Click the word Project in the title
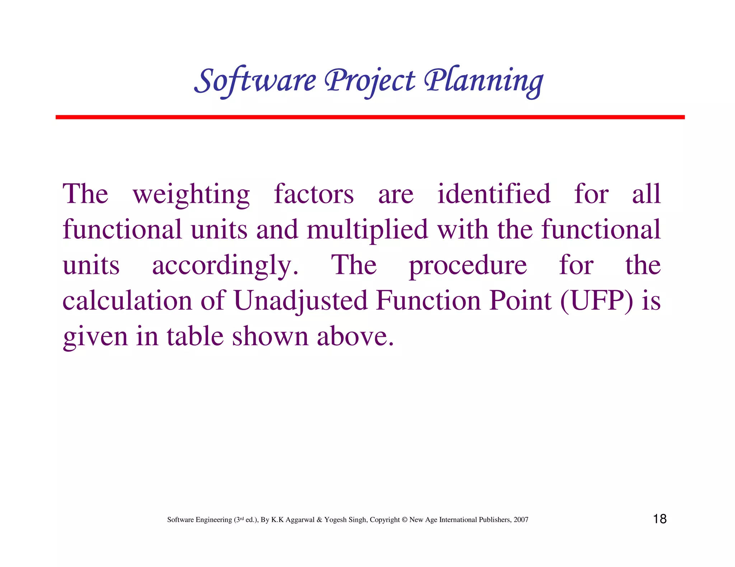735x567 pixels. pos(370,81)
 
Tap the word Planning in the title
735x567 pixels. pos(484,81)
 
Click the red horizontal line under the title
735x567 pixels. pos(370,117)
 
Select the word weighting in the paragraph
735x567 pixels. pos(191,195)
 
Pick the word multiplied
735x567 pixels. pos(367,230)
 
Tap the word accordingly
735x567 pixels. pos(225,266)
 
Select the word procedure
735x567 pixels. pos(468,266)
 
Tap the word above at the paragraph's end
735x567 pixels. pos(355,336)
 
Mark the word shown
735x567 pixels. pos(270,336)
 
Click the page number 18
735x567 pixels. pos(660,519)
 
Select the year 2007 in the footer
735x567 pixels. pos(521,520)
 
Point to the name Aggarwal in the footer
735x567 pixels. pos(300,520)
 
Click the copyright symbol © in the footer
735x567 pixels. pos(404,520)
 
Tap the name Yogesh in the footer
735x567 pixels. pos(334,520)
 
